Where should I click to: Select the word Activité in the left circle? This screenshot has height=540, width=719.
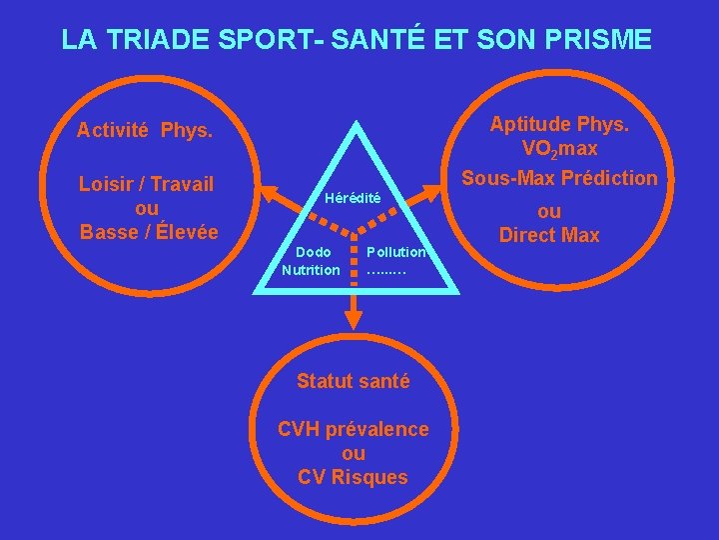tap(113, 130)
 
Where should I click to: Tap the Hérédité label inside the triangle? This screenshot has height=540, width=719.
tap(354, 198)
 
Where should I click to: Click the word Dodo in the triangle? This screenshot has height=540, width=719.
tap(313, 252)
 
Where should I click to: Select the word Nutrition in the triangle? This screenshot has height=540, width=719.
tap(311, 270)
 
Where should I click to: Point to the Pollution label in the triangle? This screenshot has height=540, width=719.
tap(396, 252)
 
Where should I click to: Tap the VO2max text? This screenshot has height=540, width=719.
tap(559, 149)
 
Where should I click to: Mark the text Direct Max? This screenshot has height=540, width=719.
tap(549, 236)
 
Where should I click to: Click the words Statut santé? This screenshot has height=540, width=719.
tap(353, 381)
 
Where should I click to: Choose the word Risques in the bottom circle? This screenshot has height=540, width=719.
tap(369, 477)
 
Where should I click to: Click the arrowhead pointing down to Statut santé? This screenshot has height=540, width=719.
tap(354, 317)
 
